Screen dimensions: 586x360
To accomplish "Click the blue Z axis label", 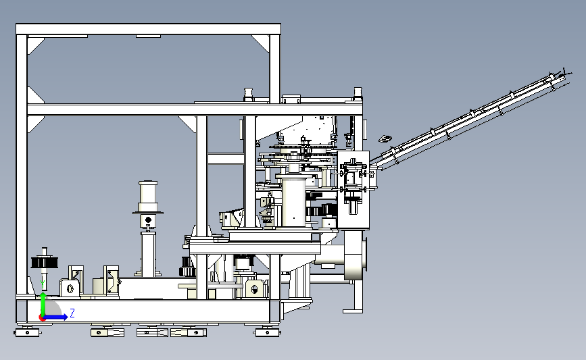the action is point(72,313).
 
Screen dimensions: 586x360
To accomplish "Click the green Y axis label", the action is point(43,284).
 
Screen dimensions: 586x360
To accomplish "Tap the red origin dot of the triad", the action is point(42,318).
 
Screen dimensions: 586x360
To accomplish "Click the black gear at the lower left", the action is point(45,263).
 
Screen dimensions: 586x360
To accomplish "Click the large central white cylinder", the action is point(294,202).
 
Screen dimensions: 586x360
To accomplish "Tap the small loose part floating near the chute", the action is point(385,139).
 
